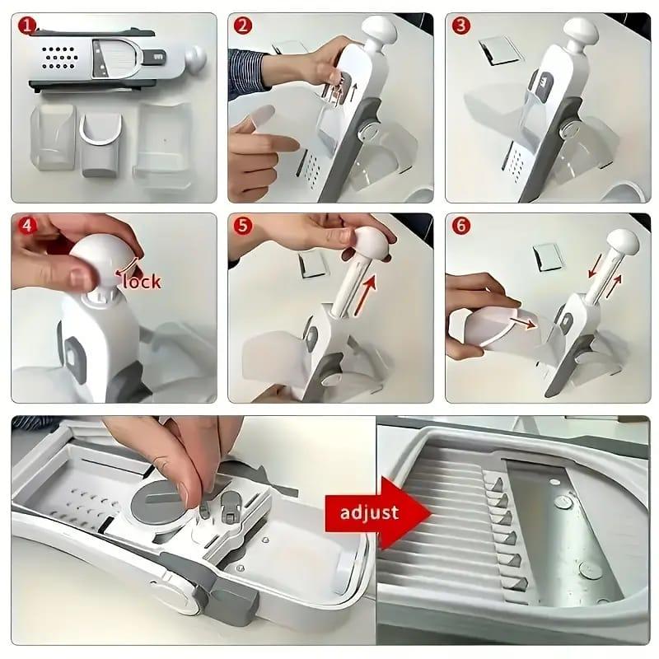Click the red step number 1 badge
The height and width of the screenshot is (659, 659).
coord(28,26)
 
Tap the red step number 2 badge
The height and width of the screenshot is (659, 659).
coord(244,26)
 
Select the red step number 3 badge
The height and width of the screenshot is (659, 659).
coord(461,26)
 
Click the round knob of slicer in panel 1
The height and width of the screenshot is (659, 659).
coord(195,57)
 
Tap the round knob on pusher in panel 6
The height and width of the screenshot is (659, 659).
coord(622,242)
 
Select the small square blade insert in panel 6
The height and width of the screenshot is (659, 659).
coord(548,255)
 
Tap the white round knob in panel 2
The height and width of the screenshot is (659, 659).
coord(378,33)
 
